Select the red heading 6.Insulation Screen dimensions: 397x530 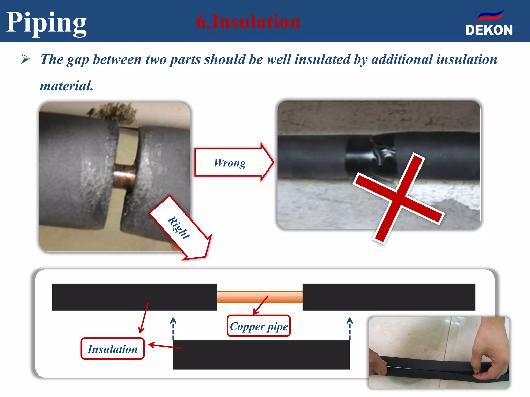[x=248, y=22]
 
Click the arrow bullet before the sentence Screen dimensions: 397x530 [x=25, y=59]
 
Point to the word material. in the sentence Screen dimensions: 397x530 [x=67, y=86]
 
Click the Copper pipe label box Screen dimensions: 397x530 [x=259, y=326]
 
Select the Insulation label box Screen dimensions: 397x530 [x=113, y=349]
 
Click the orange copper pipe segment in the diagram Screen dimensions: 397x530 [x=260, y=297]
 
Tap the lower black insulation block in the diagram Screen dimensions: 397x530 [x=261, y=355]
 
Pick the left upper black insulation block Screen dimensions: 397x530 [x=134, y=297]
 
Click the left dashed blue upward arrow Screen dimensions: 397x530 [x=173, y=328]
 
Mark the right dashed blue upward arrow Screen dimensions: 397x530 [x=350, y=328]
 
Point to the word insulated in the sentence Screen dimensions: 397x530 [x=322, y=59]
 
